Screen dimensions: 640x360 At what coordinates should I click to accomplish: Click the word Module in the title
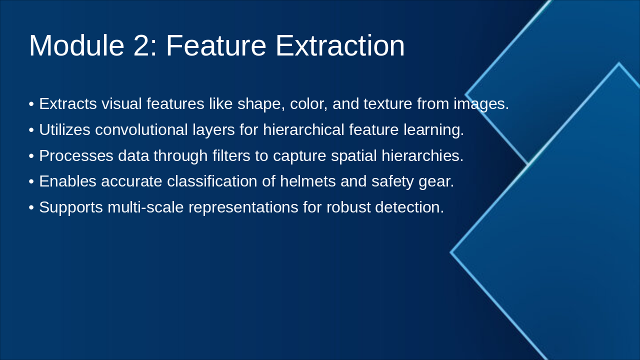point(76,45)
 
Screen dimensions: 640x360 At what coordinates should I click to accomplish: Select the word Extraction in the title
point(340,45)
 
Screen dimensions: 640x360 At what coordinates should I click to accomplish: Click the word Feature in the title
point(216,45)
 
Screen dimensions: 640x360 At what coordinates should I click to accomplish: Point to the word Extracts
point(68,103)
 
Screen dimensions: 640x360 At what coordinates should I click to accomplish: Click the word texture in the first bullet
point(388,103)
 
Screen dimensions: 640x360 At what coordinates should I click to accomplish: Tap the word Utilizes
point(65,129)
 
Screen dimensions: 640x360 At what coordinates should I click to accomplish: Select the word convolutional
point(141,129)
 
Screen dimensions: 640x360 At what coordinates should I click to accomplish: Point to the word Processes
point(76,155)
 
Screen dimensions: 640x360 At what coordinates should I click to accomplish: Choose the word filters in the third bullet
point(231,155)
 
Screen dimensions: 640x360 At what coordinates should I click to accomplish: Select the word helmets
point(307,181)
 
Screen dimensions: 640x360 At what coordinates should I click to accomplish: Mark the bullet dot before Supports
point(31,207)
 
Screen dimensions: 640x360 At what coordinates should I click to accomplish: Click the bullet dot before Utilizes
point(31,130)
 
